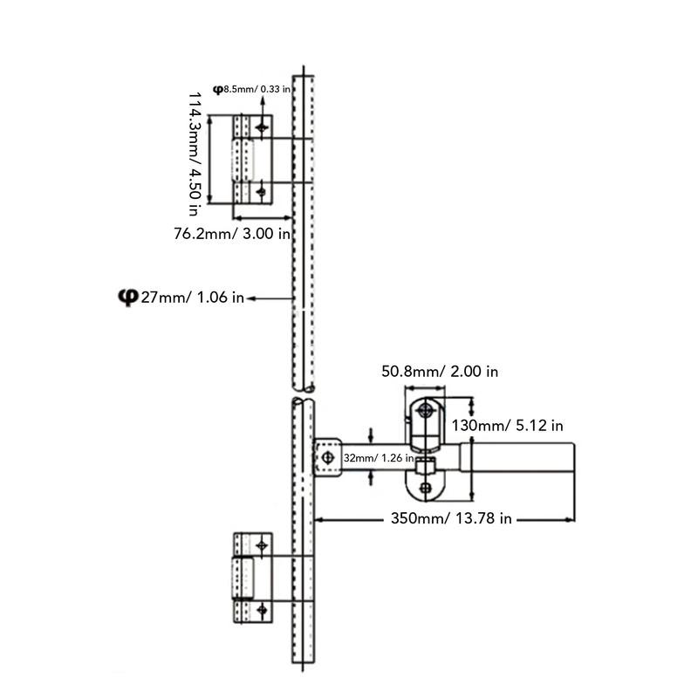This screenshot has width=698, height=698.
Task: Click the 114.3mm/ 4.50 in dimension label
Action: tap(195, 154)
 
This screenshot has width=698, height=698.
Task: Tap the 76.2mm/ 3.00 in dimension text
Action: tap(232, 234)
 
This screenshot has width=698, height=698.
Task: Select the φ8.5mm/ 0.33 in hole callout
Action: tap(251, 90)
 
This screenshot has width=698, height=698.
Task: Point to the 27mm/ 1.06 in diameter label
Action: tap(192, 298)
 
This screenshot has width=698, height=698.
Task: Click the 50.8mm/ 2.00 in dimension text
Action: tap(440, 372)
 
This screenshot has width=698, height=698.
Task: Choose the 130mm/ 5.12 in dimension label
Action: tap(508, 426)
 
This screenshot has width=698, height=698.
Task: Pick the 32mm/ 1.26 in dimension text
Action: tap(379, 458)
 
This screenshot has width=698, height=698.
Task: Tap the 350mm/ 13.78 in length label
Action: tap(451, 518)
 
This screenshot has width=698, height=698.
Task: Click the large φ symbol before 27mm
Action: tap(128, 297)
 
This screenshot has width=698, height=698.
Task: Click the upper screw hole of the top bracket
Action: tap(262, 128)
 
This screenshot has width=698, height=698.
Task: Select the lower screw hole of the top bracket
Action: tap(261, 192)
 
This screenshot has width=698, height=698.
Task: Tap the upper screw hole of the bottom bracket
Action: tap(262, 545)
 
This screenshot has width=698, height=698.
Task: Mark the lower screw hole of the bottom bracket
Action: tap(262, 609)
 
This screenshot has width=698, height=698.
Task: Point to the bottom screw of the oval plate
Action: tap(426, 488)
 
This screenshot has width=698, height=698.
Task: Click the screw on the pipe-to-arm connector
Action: tap(328, 457)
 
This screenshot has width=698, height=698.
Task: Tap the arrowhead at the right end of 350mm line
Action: tap(570, 519)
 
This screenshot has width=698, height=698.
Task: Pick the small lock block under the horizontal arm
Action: tap(426, 467)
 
